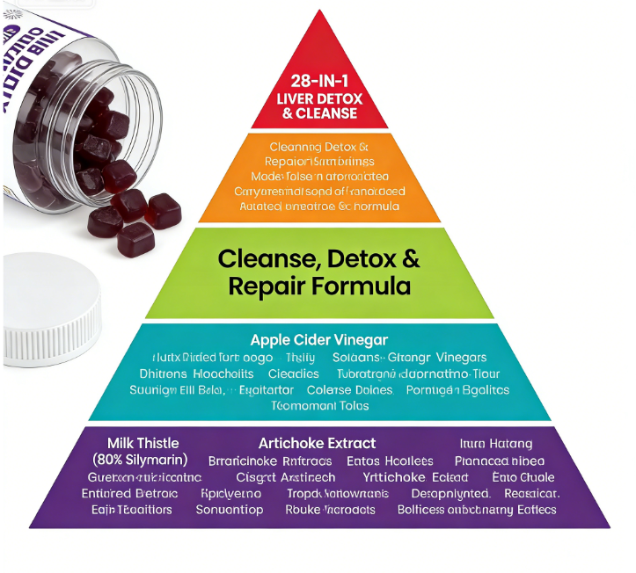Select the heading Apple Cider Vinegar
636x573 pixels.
(318, 339)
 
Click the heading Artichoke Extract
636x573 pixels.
(317, 443)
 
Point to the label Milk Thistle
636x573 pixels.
(143, 442)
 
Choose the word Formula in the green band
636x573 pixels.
(366, 286)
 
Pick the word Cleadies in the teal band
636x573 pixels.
(294, 374)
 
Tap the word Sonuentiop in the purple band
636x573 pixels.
(230, 510)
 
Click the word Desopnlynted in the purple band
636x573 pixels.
(443, 493)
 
